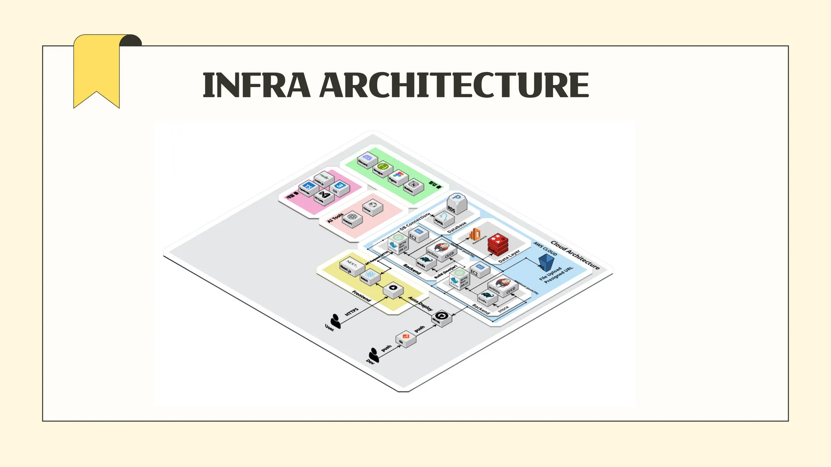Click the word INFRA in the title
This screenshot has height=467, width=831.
(x=256, y=85)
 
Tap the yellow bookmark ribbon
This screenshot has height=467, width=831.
(x=97, y=69)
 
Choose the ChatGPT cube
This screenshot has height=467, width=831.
(x=351, y=219)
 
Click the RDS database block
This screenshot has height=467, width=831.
(x=456, y=204)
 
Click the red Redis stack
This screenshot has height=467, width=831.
(x=497, y=244)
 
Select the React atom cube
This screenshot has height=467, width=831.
(x=370, y=276)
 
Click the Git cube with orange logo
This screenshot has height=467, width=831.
(x=405, y=338)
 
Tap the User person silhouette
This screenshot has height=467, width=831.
(x=335, y=321)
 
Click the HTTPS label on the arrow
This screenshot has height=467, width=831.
(x=352, y=312)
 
